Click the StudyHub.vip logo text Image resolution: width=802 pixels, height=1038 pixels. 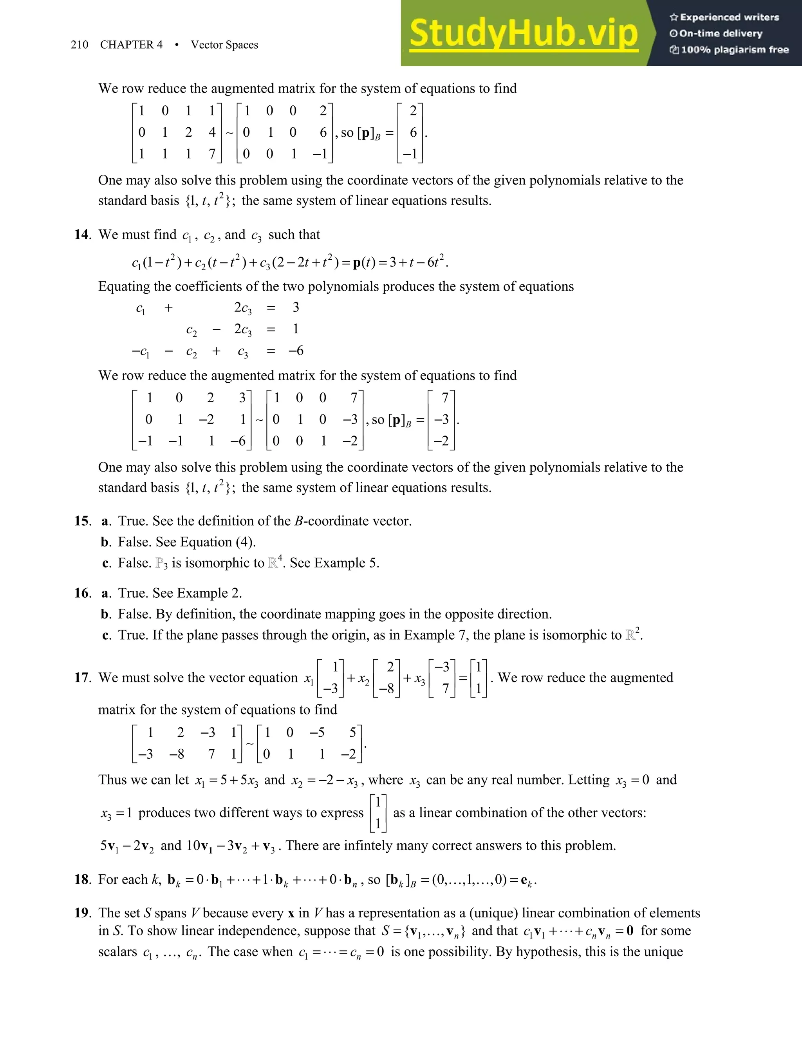point(523,33)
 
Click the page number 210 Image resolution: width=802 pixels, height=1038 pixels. point(79,45)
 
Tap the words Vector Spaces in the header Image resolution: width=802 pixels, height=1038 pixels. point(224,45)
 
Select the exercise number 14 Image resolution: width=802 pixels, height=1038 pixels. point(82,235)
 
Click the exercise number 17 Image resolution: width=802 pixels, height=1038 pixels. point(82,677)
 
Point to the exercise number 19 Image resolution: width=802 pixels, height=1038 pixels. point(82,913)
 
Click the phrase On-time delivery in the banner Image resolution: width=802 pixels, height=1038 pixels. point(721,33)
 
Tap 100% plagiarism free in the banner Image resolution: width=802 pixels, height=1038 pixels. point(735,49)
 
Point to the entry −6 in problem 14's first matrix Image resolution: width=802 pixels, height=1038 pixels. point(238,441)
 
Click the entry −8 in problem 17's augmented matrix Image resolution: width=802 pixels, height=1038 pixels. point(176,754)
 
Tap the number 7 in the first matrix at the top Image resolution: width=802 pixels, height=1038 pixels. point(212,154)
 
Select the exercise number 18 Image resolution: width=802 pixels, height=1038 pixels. point(82,879)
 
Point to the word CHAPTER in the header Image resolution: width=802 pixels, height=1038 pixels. point(126,45)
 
